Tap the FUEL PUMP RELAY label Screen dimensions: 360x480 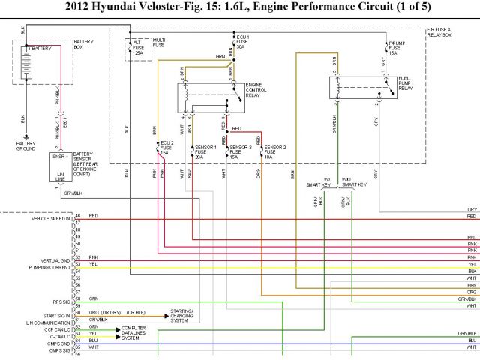(x=406, y=83)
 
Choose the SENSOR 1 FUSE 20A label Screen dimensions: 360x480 (x=205, y=152)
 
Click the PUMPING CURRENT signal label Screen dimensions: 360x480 (x=49, y=266)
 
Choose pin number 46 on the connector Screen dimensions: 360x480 (x=77, y=217)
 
